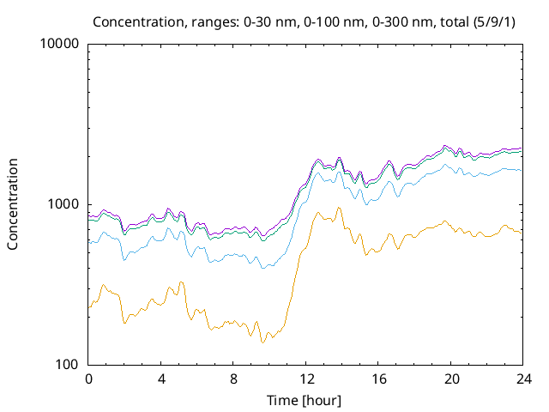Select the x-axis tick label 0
click(x=88, y=379)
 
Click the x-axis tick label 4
click(x=161, y=379)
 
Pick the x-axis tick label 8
click(x=233, y=379)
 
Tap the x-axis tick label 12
click(x=305, y=379)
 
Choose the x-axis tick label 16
click(x=377, y=379)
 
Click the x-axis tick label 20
click(x=450, y=379)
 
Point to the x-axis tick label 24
click(x=522, y=379)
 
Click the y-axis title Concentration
click(x=13, y=203)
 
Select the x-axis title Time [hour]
click(x=305, y=400)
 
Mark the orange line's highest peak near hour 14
click(x=339, y=208)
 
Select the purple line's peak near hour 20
click(x=444, y=146)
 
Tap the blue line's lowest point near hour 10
click(x=263, y=268)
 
